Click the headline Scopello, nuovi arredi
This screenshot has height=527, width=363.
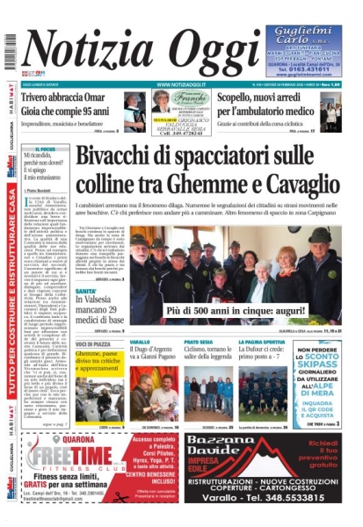(x=265, y=97)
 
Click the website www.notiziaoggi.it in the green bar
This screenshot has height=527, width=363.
(x=180, y=84)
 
